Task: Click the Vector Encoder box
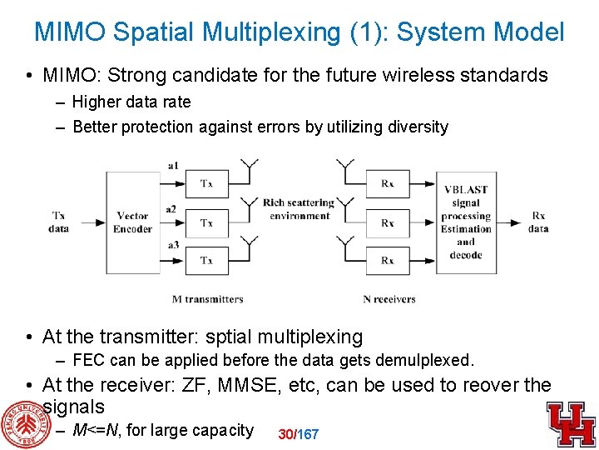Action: pyautogui.click(x=132, y=222)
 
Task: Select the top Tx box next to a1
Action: pyautogui.click(x=206, y=183)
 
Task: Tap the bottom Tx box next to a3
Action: pyautogui.click(x=206, y=261)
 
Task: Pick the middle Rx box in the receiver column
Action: pyautogui.click(x=388, y=222)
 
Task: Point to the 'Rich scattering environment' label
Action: pyautogui.click(x=298, y=209)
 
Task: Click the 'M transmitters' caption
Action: pyautogui.click(x=207, y=299)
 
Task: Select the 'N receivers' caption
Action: pyautogui.click(x=389, y=299)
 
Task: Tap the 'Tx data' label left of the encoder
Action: pyautogui.click(x=59, y=222)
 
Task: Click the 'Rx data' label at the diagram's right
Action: pyautogui.click(x=538, y=222)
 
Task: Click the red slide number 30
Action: pyautogui.click(x=285, y=434)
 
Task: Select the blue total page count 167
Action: pyautogui.click(x=308, y=434)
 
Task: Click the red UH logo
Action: pyautogui.click(x=571, y=423)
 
